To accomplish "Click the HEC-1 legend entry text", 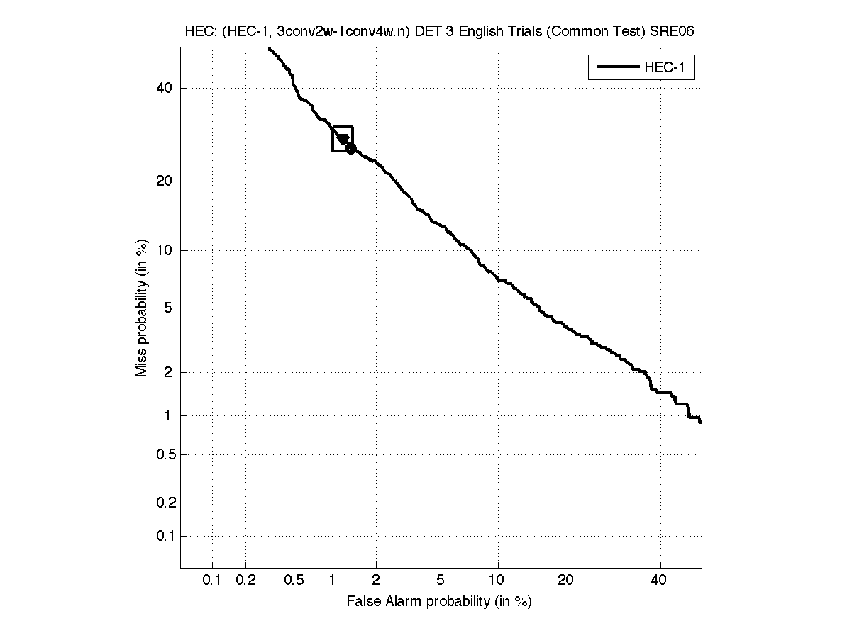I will click(664, 68).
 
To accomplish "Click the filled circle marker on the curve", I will click(350, 148).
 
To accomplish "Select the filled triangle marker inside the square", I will click(343, 140).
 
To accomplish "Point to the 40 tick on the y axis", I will click(165, 88).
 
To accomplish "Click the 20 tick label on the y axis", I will click(165, 181).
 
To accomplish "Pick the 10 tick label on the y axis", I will click(165, 250).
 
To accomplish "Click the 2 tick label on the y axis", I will click(168, 372).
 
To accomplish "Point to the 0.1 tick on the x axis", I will click(212, 581).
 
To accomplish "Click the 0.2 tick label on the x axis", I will click(245, 581).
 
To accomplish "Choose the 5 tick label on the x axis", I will click(441, 581).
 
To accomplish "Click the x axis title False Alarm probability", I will click(439, 602).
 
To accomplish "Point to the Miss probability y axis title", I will click(142, 309).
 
